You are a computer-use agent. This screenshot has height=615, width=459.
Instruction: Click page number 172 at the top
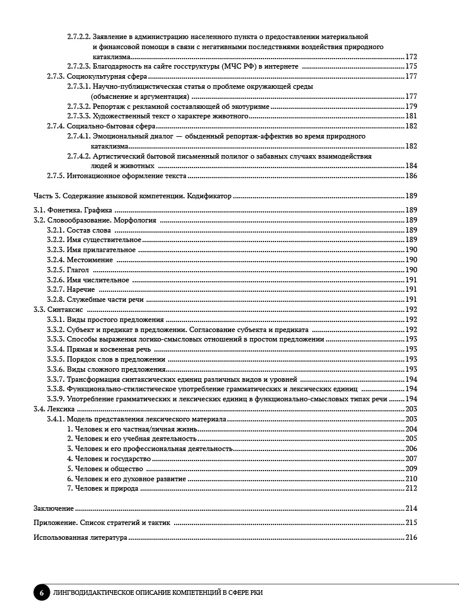coord(411,57)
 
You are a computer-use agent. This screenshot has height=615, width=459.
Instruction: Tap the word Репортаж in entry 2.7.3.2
coord(108,107)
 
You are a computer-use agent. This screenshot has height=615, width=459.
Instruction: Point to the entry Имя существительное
coord(104,240)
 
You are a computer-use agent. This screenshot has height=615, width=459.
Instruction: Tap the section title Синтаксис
coord(67,310)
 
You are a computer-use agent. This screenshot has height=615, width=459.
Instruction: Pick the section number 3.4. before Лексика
coord(39,409)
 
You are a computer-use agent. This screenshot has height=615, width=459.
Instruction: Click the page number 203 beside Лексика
coord(411,409)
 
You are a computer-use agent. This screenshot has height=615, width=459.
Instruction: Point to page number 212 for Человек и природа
coord(411,488)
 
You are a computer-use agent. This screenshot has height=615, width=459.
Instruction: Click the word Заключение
coord(53,508)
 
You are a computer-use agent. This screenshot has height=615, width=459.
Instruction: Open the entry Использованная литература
coord(80,538)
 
